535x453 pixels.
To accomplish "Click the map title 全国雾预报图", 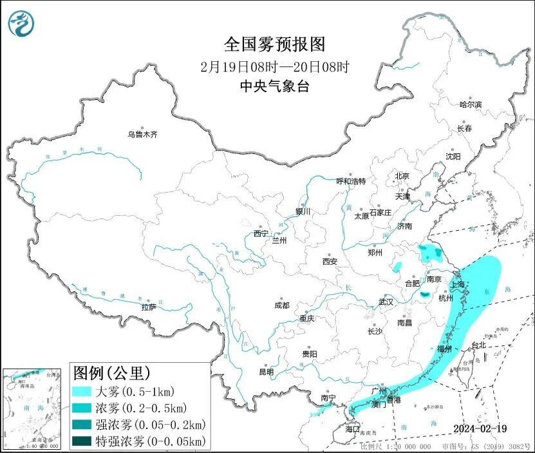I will [275, 44].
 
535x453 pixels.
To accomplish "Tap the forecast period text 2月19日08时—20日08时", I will [275, 66].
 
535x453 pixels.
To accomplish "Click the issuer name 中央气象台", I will [274, 86].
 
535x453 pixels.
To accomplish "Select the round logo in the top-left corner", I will [21, 24].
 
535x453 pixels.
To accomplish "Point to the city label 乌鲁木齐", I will [142, 135].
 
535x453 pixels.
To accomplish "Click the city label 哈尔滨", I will [470, 104].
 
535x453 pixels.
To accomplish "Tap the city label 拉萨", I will [149, 307].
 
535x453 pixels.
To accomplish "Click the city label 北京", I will [402, 175].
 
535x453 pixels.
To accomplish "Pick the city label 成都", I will [281, 305].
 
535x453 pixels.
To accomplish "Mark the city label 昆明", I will [266, 372].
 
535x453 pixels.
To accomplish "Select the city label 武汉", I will [386, 302].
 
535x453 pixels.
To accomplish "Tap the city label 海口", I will [352, 429].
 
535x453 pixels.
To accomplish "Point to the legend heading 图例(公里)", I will [112, 373].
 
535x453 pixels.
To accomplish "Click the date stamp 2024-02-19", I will [479, 429].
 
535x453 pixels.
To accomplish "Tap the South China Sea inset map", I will [34, 409].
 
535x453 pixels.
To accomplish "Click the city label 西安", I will [330, 262].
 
